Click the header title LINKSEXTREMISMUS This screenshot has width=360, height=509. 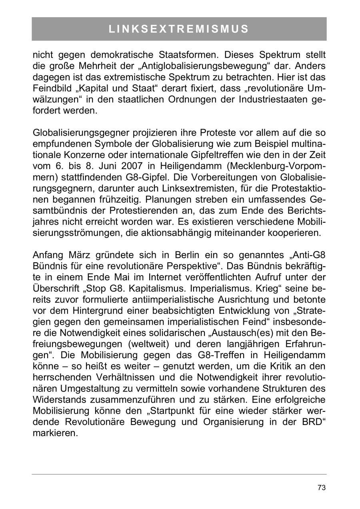pos(179,29)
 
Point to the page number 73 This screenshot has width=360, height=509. pos(321,487)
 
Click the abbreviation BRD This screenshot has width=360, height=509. pos(310,422)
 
